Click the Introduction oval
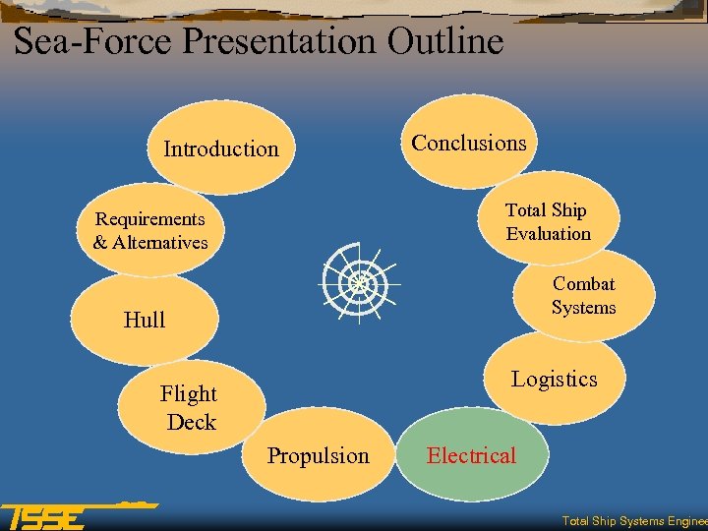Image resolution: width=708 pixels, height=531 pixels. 221,148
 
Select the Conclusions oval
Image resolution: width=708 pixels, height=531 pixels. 469,143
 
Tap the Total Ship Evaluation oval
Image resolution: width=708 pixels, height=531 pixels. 548,221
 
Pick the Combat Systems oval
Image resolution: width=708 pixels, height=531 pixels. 583,295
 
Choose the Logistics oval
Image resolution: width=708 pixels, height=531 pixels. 554,380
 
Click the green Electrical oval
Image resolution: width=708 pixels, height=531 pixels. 471,455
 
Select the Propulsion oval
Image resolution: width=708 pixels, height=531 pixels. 319,455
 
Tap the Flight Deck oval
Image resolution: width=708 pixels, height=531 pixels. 190,407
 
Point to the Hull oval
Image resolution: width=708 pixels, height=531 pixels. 145,320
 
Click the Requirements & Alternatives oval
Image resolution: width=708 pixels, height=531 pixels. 150,230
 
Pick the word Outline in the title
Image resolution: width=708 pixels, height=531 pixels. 445,41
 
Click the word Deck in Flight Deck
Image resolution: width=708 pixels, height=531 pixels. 192,422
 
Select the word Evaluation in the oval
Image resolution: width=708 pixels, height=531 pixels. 549,234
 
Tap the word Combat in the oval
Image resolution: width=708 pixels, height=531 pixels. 584,284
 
